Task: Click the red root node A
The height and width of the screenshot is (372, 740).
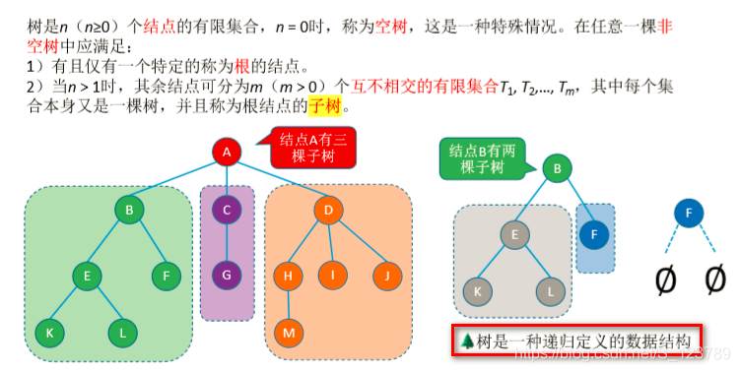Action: [x=227, y=153]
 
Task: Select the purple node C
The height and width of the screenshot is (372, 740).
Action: [x=227, y=209]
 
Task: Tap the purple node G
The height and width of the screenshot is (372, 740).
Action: [x=227, y=274]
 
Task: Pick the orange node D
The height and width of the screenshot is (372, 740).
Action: [x=328, y=209]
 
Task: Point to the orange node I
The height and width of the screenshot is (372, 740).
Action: [x=335, y=277]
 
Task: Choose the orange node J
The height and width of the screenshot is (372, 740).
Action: [x=387, y=277]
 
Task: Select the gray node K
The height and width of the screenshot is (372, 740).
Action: [x=477, y=290]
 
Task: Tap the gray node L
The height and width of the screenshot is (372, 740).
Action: [x=549, y=290]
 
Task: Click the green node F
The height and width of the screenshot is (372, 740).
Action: [x=166, y=277]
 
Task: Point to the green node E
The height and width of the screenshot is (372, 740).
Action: [x=87, y=277]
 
